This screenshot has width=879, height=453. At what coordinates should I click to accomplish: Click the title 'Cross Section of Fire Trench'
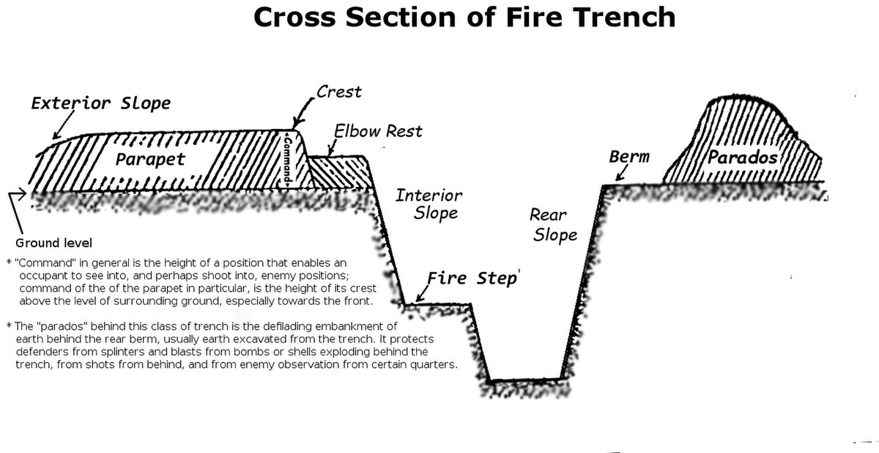click(464, 18)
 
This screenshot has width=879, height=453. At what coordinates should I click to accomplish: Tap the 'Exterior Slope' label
click(100, 103)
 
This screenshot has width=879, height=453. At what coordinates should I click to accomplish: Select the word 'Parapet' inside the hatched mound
click(151, 158)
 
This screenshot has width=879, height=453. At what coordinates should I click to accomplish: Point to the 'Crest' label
click(339, 92)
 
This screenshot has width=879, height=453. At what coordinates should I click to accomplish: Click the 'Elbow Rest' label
click(378, 131)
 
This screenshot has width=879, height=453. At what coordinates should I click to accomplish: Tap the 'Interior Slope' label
click(430, 205)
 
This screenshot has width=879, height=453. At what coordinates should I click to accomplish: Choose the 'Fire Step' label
click(472, 279)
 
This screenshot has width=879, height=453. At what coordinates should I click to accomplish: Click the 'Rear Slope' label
click(554, 225)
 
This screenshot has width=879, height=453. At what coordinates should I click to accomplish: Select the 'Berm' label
click(629, 157)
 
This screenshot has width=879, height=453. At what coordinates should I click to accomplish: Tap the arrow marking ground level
click(18, 195)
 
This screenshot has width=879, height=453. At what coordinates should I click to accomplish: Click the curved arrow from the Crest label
click(303, 110)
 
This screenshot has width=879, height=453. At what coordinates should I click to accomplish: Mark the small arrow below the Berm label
click(620, 174)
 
